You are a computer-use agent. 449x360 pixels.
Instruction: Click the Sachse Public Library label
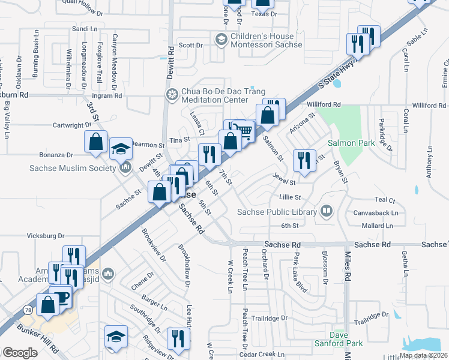point(277,212)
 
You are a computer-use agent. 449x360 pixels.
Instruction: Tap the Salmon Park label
point(351,143)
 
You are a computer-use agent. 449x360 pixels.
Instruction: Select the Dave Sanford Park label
point(339,339)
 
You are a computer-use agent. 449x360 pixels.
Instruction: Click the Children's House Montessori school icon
point(220,40)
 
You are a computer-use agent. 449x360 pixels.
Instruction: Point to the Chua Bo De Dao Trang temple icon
point(172,95)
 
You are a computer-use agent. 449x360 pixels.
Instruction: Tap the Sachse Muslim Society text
point(72,168)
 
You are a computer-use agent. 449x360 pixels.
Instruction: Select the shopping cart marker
point(243,130)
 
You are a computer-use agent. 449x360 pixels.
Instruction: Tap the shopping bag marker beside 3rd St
point(95,142)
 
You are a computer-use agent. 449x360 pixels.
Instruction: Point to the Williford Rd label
point(324,104)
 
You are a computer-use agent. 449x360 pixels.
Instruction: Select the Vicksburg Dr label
point(45,236)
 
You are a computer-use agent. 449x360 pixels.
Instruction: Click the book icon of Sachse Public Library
point(325,211)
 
